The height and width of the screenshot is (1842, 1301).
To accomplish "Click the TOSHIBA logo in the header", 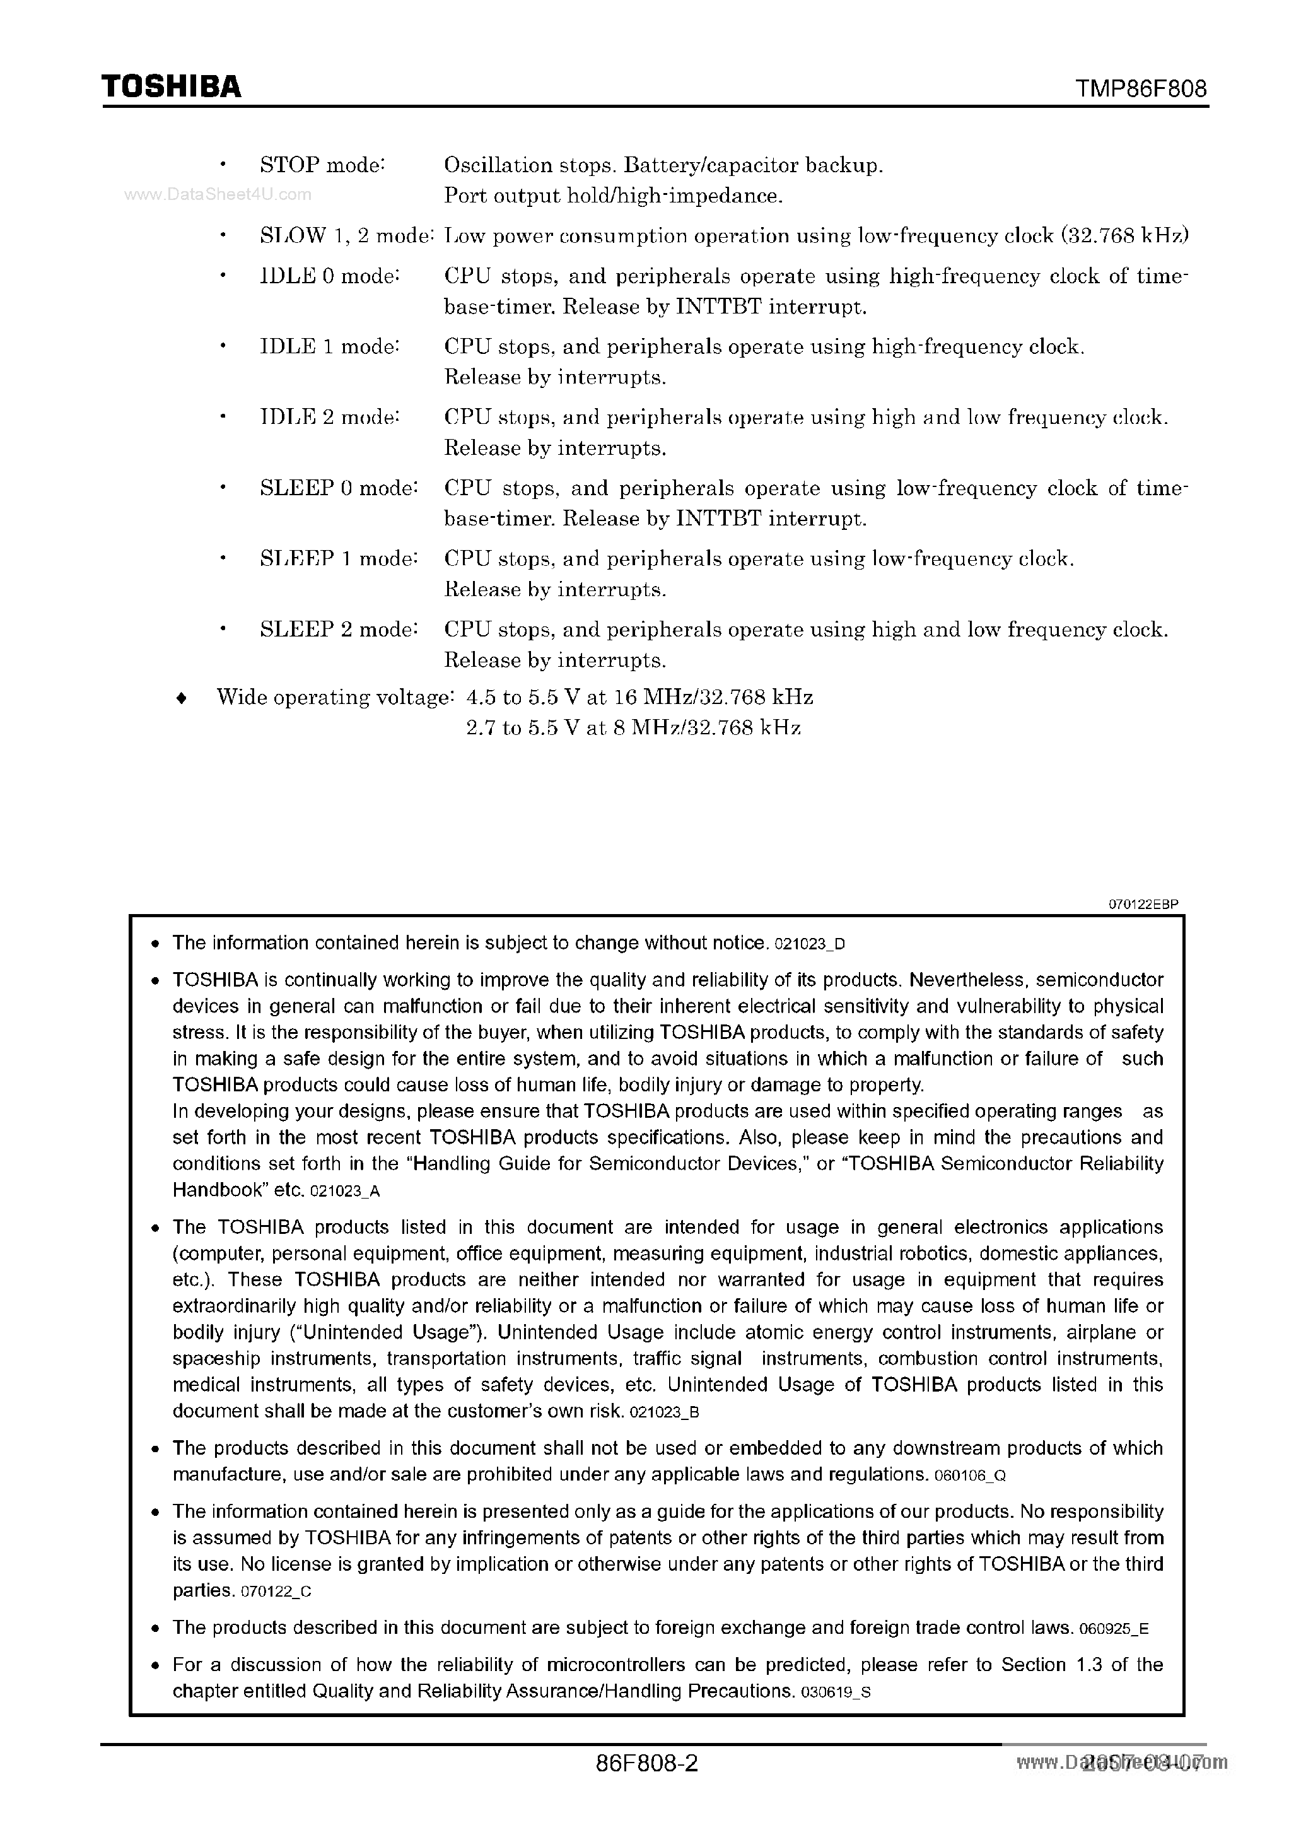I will click(171, 86).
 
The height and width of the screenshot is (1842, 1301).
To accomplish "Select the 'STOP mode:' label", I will click(322, 165).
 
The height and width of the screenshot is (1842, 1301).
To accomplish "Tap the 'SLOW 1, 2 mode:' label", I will click(347, 236).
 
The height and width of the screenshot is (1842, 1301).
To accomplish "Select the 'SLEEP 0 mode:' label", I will click(339, 488).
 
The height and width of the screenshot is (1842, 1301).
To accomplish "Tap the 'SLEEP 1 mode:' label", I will click(339, 558).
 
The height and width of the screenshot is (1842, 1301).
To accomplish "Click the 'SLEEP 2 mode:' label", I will click(339, 629).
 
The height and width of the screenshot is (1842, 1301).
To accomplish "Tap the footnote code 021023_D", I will click(810, 945).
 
